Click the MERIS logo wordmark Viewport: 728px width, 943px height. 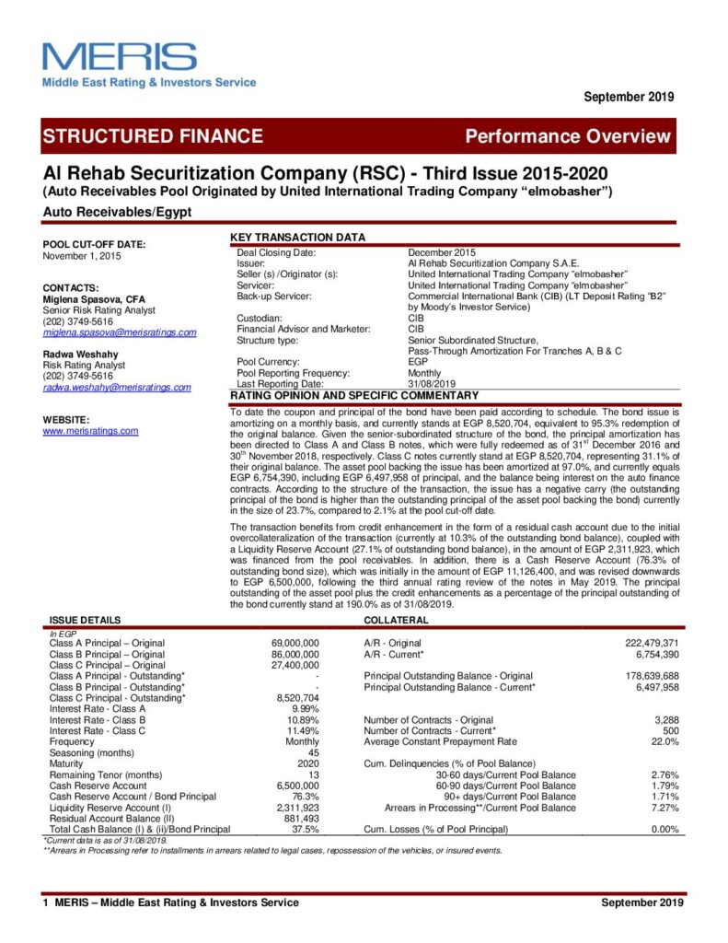pyautogui.click(x=120, y=57)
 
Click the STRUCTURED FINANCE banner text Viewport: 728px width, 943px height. pyautogui.click(x=153, y=137)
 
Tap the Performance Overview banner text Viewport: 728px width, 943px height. pyautogui.click(x=568, y=137)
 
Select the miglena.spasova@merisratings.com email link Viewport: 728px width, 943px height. pyautogui.click(x=120, y=332)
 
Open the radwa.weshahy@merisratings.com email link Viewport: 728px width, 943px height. pyautogui.click(x=117, y=388)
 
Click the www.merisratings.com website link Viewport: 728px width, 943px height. pyautogui.click(x=91, y=430)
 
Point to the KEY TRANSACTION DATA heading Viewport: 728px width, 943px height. pyautogui.click(x=297, y=238)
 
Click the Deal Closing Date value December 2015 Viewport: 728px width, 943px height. pyautogui.click(x=442, y=252)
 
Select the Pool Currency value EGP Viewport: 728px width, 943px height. pyautogui.click(x=418, y=362)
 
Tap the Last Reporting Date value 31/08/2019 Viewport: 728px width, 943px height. pyautogui.click(x=433, y=383)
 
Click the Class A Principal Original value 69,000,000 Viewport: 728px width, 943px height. pyautogui.click(x=295, y=642)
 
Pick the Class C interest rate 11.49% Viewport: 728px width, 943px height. pyautogui.click(x=304, y=730)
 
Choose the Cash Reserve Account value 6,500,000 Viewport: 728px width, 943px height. pyautogui.click(x=297, y=786)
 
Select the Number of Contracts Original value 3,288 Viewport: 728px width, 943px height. pyautogui.click(x=664, y=719)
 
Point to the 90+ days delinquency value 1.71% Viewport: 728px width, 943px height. pyautogui.click(x=664, y=797)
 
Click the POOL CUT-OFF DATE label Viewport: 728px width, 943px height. pyautogui.click(x=95, y=244)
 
